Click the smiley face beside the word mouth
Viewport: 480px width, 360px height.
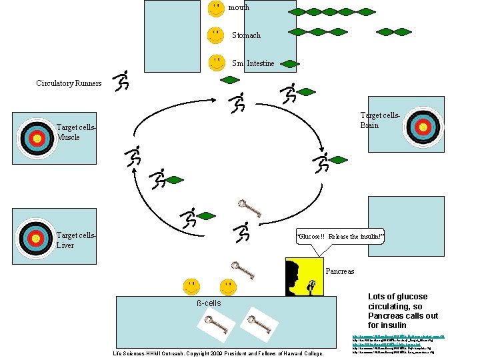click(x=215, y=9)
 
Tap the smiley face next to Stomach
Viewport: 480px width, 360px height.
click(x=215, y=35)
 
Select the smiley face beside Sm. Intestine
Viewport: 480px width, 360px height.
click(x=215, y=62)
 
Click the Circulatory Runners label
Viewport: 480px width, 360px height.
click(x=69, y=83)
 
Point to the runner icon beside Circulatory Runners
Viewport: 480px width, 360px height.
click(x=121, y=81)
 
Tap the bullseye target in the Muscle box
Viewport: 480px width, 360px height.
click(x=37, y=138)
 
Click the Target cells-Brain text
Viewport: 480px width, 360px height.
click(x=380, y=121)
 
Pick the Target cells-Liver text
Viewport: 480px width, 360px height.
click(x=76, y=240)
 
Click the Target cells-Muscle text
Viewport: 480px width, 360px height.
click(x=76, y=132)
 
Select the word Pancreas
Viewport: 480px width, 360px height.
click(x=340, y=271)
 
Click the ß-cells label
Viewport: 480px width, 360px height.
click(x=209, y=303)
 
